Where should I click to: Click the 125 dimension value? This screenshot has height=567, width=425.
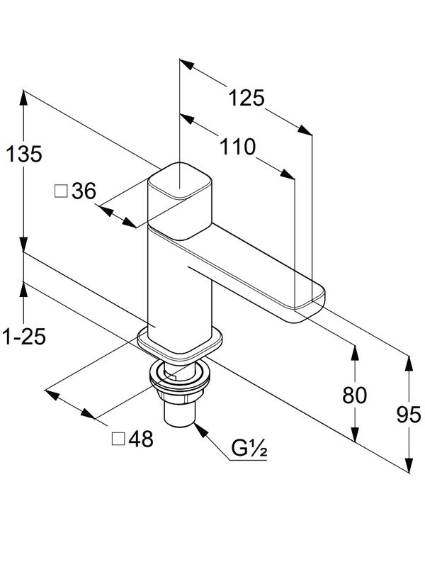[x=246, y=98]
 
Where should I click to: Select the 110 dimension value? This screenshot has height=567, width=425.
[x=237, y=147]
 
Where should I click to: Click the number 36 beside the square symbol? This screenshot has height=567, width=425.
[x=83, y=191]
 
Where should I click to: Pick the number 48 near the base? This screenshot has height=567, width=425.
[x=140, y=439]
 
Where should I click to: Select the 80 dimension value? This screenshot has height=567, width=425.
[x=354, y=395]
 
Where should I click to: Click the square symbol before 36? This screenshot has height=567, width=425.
[x=61, y=191]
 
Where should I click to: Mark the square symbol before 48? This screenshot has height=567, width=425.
[x=118, y=439]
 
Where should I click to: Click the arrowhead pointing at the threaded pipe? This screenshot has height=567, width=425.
[x=200, y=428]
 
